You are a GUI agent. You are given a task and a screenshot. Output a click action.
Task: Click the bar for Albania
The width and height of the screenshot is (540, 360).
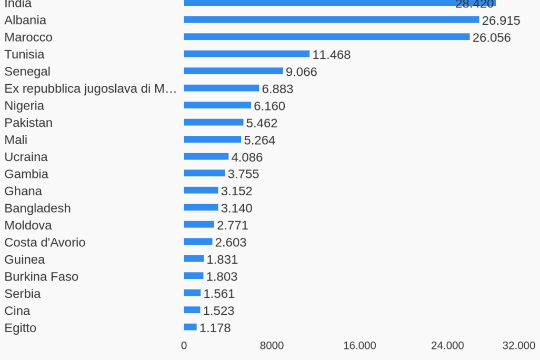click(331, 20)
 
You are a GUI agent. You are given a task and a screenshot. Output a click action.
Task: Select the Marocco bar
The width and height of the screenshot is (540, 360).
click(326, 37)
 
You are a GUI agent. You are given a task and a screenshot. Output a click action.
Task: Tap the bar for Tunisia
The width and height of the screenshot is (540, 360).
click(246, 54)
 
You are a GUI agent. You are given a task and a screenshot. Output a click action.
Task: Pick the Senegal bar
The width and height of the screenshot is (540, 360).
click(233, 71)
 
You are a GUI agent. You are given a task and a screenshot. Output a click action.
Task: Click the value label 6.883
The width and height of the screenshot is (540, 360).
click(277, 89)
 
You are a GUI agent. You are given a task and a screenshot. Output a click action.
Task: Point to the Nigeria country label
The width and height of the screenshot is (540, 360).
click(24, 105)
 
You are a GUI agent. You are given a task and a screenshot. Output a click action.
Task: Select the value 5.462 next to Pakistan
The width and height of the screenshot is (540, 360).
click(262, 123)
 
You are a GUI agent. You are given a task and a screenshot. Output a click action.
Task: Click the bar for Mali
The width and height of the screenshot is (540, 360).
click(212, 139)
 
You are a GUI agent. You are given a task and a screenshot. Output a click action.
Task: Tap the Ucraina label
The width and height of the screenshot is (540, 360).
click(26, 157)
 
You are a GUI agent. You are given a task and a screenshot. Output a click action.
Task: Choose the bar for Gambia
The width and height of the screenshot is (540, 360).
click(204, 173)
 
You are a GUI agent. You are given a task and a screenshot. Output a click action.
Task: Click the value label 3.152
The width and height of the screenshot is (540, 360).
click(236, 191)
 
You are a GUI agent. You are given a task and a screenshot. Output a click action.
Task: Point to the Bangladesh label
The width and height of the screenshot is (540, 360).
click(37, 208)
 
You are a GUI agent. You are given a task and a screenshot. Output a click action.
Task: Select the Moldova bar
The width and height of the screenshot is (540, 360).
click(199, 225)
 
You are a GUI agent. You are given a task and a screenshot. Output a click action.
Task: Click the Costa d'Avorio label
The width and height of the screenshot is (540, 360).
click(45, 242)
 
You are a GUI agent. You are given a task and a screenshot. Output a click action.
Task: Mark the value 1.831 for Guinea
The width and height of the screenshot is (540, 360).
click(222, 259)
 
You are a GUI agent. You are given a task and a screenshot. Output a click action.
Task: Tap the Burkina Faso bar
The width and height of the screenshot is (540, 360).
click(193, 276)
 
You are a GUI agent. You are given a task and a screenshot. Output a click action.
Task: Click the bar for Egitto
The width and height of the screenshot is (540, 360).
click(190, 327)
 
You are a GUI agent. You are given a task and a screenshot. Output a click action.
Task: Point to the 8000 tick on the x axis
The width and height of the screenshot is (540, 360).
click(272, 346)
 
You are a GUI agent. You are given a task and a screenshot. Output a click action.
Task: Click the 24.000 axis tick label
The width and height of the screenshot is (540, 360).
click(447, 346)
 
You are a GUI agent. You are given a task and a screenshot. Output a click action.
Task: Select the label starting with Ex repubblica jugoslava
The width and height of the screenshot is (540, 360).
click(91, 88)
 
